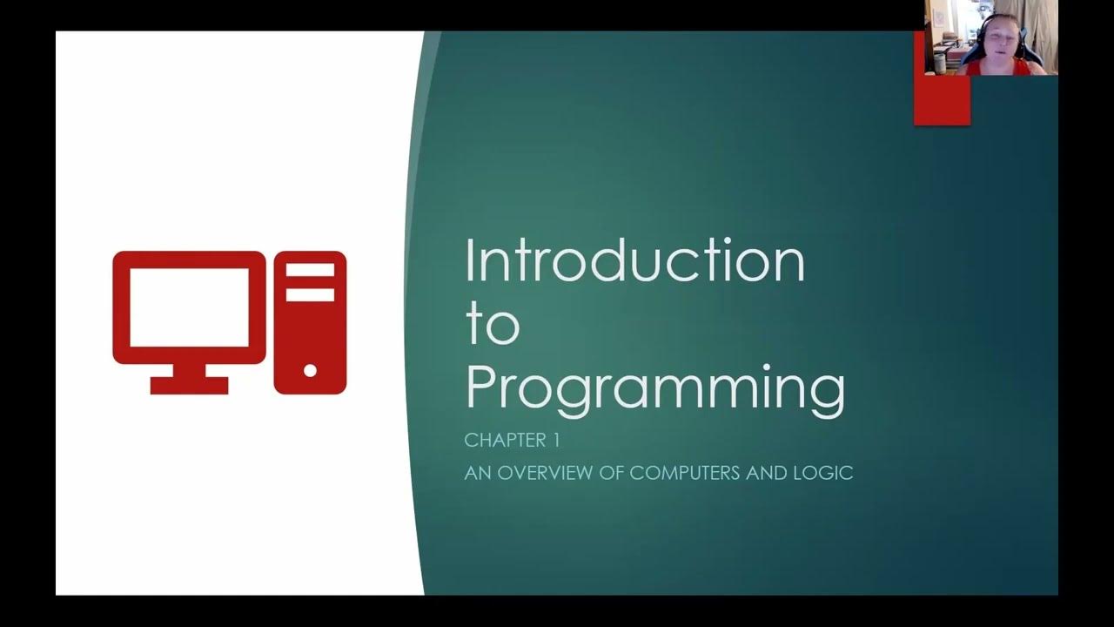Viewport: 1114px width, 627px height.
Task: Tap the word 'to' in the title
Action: (x=492, y=324)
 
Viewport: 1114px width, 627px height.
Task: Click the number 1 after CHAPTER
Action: (x=554, y=441)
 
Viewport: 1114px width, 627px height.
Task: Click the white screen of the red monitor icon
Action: (x=189, y=306)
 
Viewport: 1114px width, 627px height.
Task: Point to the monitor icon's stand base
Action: (x=189, y=385)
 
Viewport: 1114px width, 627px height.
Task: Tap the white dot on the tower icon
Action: (x=310, y=371)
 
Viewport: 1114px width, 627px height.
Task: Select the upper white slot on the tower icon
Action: (x=310, y=270)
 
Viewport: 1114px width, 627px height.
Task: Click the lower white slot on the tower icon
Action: (x=310, y=294)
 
